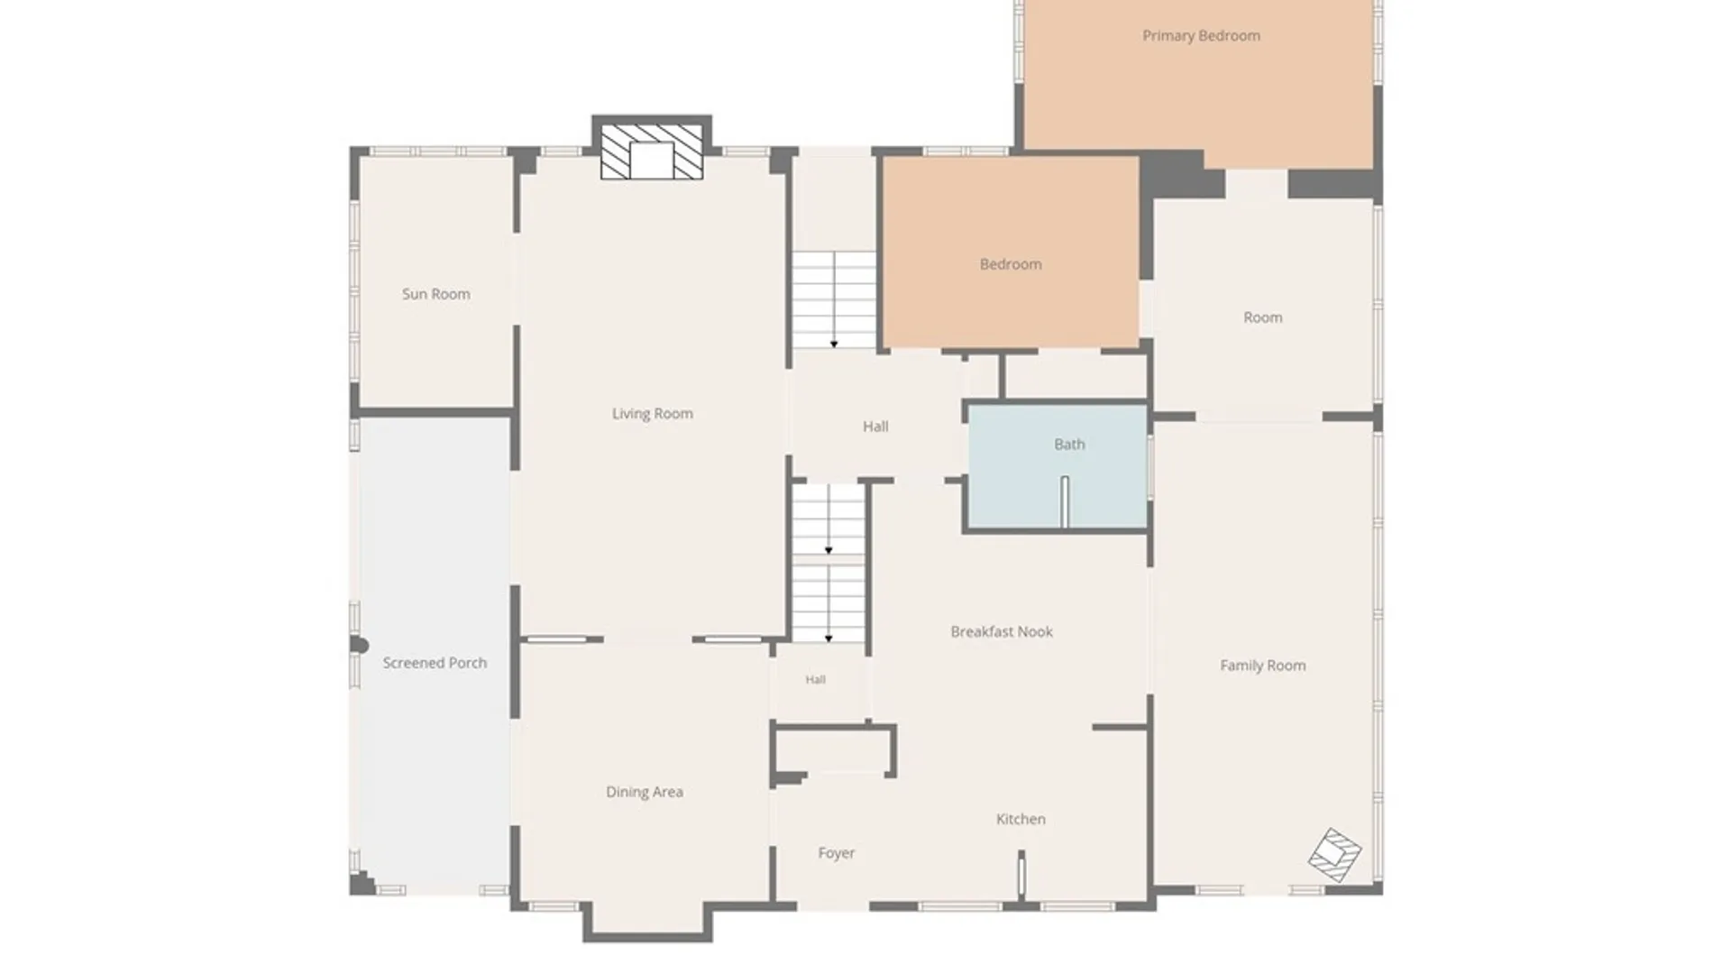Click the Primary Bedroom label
tap(1201, 36)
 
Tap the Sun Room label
tap(435, 294)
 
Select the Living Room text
tap(652, 414)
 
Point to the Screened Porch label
tap(435, 663)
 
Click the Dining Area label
tap(644, 792)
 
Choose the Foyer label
tap(836, 853)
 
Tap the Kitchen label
tap(1021, 819)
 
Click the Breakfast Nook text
tap(1002, 631)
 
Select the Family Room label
tap(1262, 666)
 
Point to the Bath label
tap(1069, 444)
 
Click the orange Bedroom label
tap(1011, 264)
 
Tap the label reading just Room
tap(1262, 317)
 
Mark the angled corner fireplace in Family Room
tap(1335, 854)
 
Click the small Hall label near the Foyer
tap(815, 680)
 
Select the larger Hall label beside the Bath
tap(875, 427)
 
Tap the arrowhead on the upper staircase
tap(834, 344)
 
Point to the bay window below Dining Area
tap(647, 922)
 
